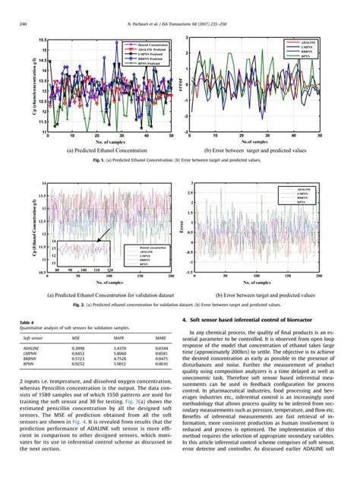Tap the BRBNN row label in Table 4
tap(31, 358)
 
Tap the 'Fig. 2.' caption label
tap(73, 304)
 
